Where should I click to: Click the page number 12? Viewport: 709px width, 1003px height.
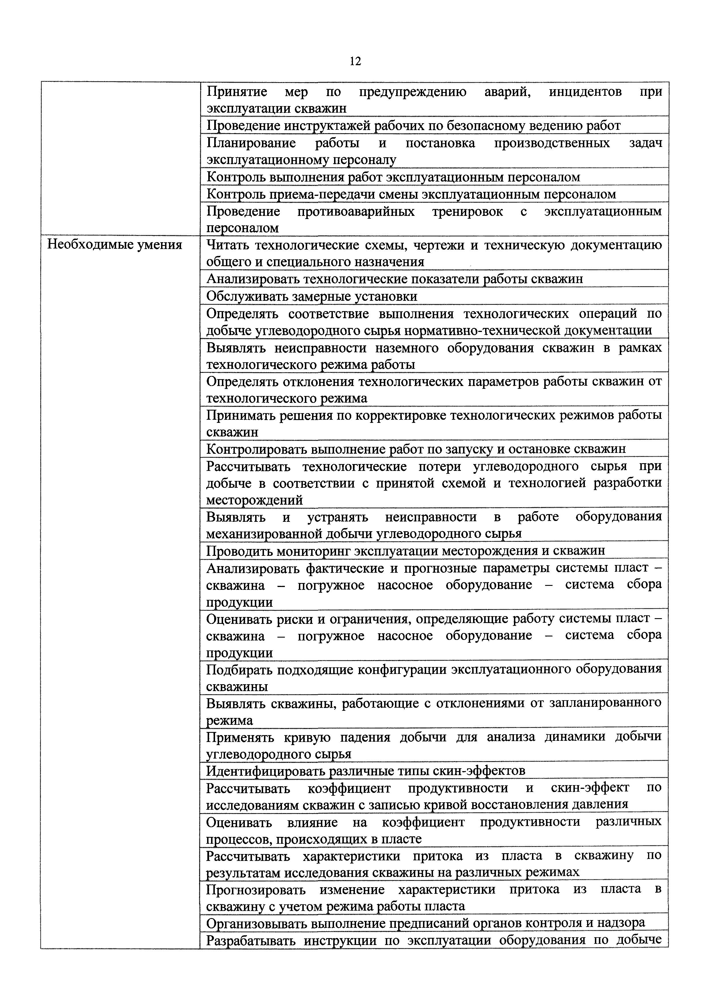pos(355,61)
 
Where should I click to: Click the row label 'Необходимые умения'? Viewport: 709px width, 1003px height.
pos(114,245)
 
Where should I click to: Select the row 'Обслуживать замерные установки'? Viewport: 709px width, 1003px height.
pos(311,296)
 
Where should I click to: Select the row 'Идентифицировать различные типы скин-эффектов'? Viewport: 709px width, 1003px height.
pos(365,771)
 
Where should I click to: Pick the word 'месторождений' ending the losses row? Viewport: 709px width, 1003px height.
pos(254,500)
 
